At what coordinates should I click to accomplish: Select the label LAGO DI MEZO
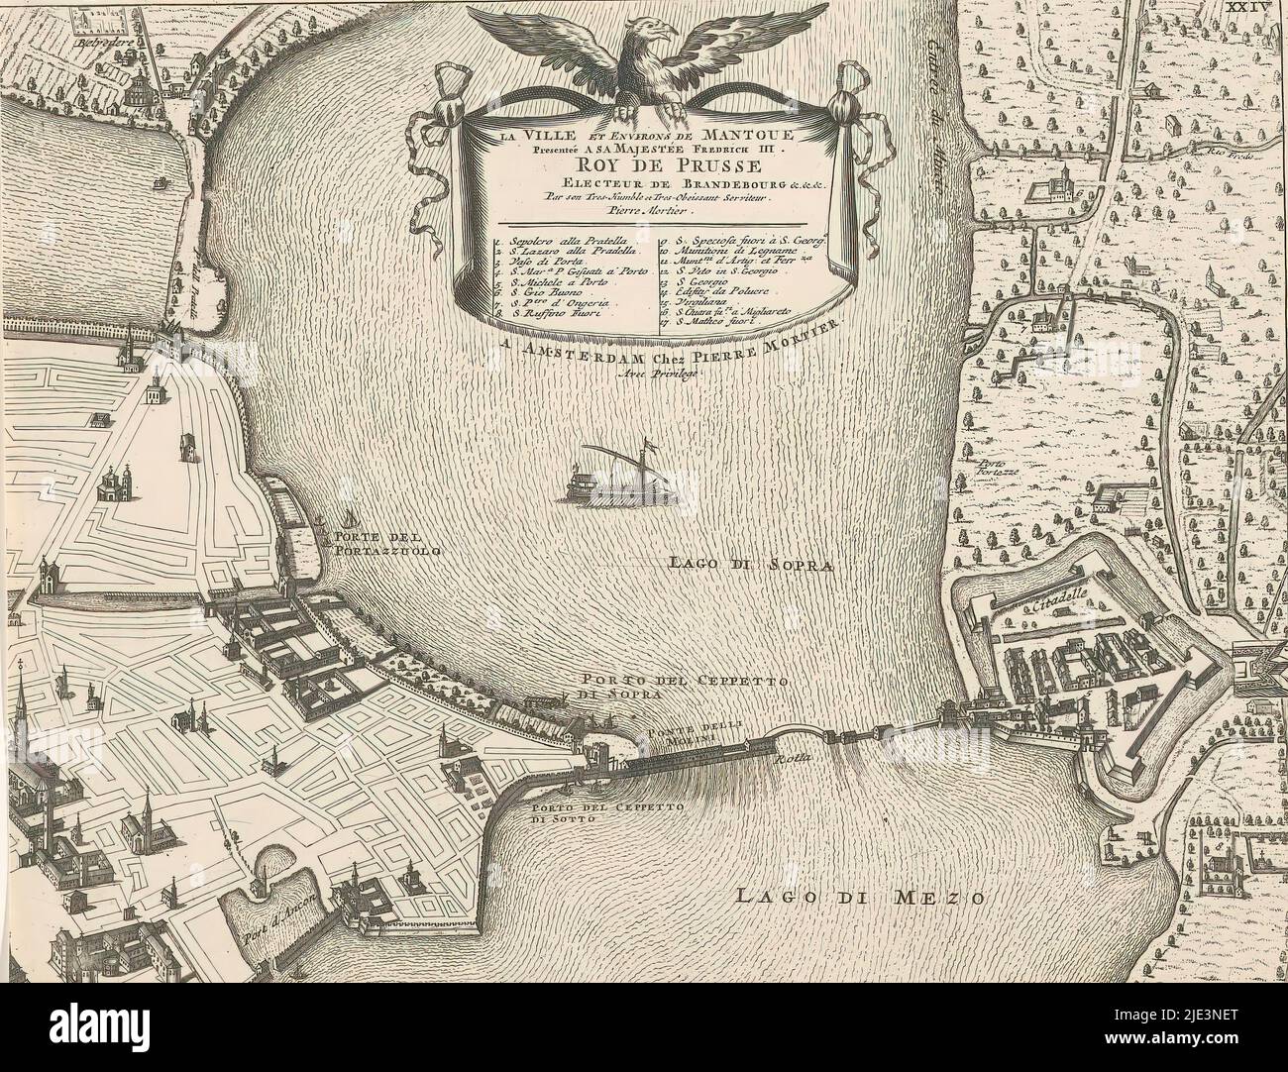pos(860,899)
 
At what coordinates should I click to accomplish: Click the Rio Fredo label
pos(1228,154)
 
